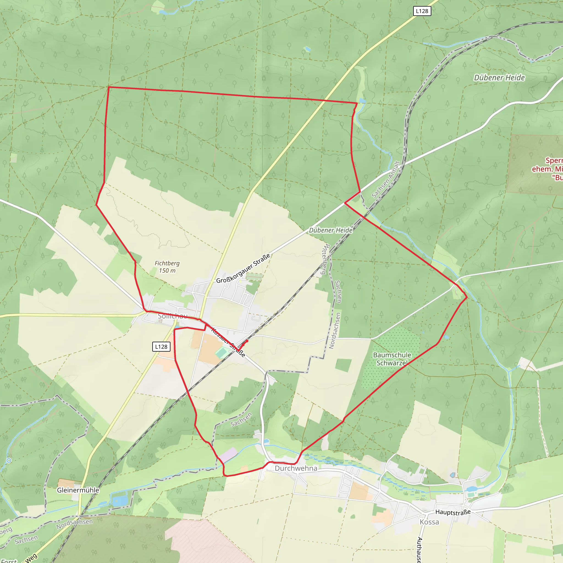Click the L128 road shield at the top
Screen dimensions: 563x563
click(422, 11)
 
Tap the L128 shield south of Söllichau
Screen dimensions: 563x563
click(161, 347)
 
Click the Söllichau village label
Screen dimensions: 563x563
click(173, 316)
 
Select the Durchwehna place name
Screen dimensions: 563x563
click(296, 468)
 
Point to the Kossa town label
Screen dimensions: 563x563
click(429, 522)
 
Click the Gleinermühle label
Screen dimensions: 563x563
click(78, 490)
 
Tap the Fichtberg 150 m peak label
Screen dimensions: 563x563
click(167, 267)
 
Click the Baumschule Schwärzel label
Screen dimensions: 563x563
click(392, 359)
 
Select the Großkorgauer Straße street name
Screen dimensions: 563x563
click(243, 268)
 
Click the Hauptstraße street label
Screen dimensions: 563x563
click(452, 512)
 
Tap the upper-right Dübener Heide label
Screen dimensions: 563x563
click(499, 78)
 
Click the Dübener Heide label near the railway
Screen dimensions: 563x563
click(330, 230)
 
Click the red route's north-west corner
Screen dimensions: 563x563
click(109, 87)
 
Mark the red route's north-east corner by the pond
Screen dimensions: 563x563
click(357, 103)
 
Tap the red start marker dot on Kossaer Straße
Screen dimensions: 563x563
click(247, 341)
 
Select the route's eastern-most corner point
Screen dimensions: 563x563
click(467, 297)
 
